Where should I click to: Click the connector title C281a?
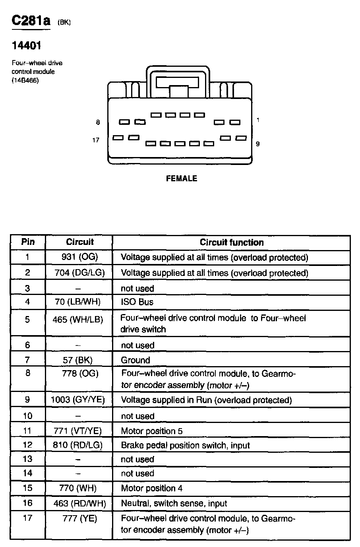click(31, 20)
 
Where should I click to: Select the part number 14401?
click(26, 46)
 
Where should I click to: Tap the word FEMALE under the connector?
click(181, 178)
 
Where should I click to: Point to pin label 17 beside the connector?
click(96, 140)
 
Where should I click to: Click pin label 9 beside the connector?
click(258, 144)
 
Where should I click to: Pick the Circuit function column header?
click(231, 242)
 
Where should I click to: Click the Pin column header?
click(28, 242)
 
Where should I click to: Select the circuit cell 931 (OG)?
click(79, 257)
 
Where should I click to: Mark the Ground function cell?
click(135, 360)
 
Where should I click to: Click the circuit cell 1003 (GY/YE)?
click(78, 400)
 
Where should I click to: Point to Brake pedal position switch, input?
click(185, 445)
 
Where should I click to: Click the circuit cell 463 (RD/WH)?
click(79, 504)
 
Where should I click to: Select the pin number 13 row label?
click(27, 459)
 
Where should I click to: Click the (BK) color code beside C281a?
click(64, 22)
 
